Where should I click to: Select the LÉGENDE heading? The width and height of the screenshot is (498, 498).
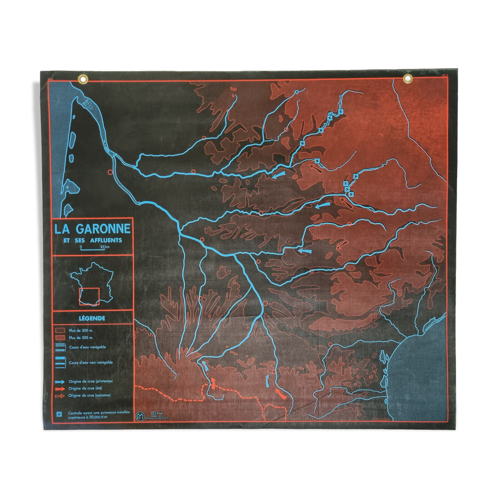92,318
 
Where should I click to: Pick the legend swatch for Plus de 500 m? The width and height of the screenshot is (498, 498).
60,338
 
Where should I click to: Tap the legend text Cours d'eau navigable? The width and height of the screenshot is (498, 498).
88,347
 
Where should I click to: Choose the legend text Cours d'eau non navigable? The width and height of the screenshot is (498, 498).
91,362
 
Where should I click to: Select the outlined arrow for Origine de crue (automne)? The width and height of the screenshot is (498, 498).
60,396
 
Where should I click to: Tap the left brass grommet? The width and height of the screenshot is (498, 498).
83,80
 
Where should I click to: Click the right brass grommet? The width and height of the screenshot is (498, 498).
407,79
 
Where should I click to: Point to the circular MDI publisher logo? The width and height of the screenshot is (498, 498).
140,415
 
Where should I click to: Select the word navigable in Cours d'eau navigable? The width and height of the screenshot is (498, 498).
97,347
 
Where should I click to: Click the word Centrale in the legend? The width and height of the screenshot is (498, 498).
76,413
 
